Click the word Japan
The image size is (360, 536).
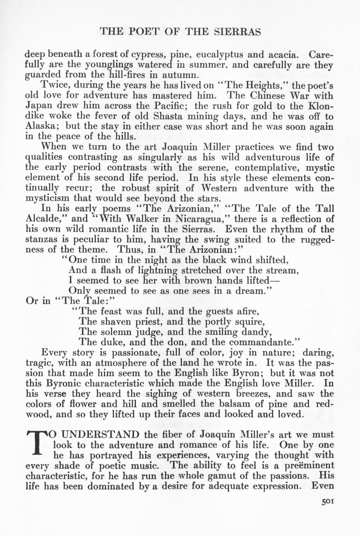(x=38, y=106)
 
